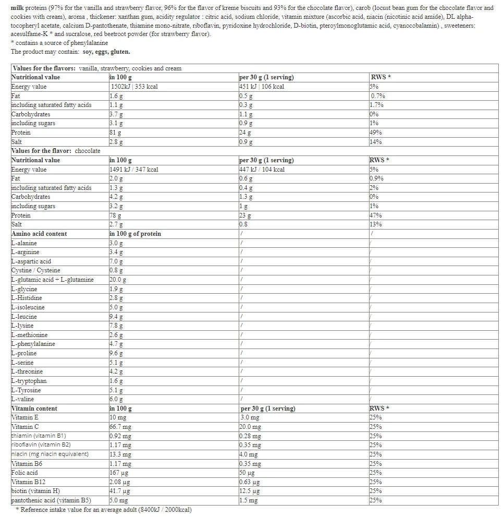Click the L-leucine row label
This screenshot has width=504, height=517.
click(x=24, y=317)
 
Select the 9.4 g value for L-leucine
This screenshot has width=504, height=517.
click(x=116, y=317)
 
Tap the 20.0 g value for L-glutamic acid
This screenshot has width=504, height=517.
click(x=118, y=280)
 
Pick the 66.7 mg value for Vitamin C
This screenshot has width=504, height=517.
click(x=120, y=427)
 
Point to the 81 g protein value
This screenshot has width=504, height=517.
click(x=115, y=133)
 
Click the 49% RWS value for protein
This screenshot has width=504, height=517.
click(x=375, y=133)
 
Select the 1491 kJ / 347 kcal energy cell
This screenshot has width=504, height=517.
click(x=134, y=170)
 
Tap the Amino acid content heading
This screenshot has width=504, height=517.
click(x=39, y=234)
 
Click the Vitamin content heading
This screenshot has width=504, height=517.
click(x=34, y=408)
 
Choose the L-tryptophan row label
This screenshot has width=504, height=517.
click(x=29, y=381)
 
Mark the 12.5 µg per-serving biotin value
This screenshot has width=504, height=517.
click(x=250, y=491)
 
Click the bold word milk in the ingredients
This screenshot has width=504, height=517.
click(x=19, y=8)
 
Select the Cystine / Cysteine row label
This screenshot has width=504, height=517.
click(x=35, y=270)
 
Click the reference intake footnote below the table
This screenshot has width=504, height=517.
click(x=104, y=510)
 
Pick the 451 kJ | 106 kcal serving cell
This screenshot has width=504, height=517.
click(x=262, y=87)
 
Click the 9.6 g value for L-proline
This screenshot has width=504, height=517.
click(x=116, y=353)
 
